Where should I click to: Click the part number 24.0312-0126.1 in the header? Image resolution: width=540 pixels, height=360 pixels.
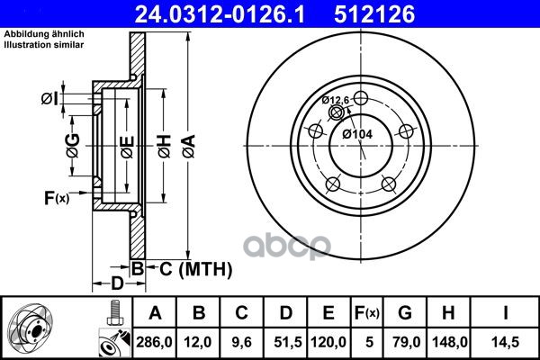pyautogui.click(x=220, y=14)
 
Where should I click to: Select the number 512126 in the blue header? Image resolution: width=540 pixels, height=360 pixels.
pyautogui.click(x=374, y=14)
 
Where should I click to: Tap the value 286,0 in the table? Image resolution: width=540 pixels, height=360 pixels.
pyautogui.click(x=154, y=342)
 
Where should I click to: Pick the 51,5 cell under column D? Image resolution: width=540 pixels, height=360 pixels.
pyautogui.click(x=287, y=342)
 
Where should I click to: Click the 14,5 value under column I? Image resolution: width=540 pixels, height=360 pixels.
pyautogui.click(x=506, y=342)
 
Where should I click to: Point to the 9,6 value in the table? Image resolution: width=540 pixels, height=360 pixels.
pyautogui.click(x=241, y=342)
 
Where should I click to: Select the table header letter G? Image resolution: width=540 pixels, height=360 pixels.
pyautogui.click(x=405, y=313)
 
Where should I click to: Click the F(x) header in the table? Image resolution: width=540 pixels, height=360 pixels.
pyautogui.click(x=367, y=313)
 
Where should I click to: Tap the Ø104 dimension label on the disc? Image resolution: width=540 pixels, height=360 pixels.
pyautogui.click(x=357, y=134)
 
